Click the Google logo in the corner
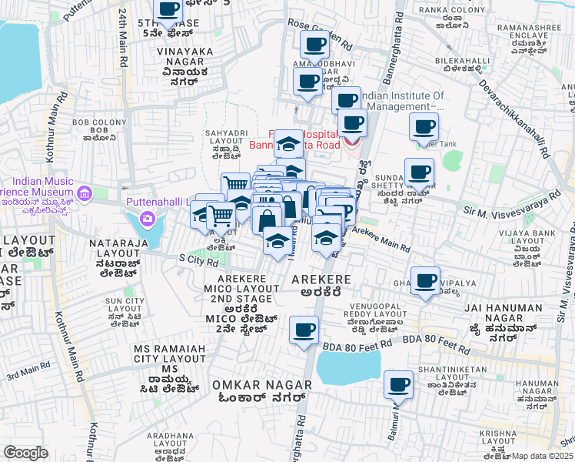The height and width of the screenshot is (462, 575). (26, 453)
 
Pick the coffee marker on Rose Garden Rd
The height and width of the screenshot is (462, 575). (314, 47)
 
